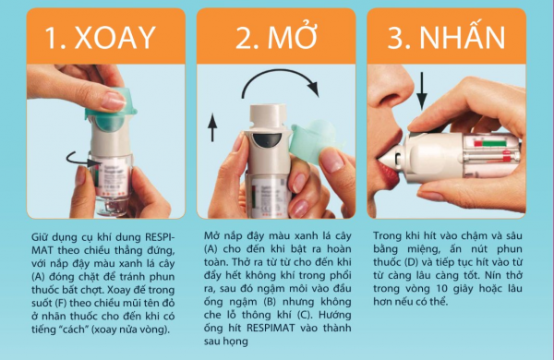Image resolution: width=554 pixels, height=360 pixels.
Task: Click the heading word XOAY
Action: click(x=115, y=38)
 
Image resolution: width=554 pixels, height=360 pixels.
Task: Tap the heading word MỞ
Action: click(x=292, y=36)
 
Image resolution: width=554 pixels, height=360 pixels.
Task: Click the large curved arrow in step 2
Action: click(x=279, y=72)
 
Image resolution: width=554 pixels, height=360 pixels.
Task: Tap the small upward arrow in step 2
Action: click(x=212, y=127)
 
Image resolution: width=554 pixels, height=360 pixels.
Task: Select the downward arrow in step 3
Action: click(x=422, y=90)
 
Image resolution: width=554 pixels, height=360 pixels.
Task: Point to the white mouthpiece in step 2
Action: click(x=268, y=116)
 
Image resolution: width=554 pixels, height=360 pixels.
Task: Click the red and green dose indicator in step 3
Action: click(x=490, y=144)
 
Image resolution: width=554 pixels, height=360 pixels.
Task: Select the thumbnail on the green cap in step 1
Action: click(x=114, y=101)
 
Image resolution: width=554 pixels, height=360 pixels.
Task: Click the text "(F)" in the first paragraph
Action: click(x=60, y=303)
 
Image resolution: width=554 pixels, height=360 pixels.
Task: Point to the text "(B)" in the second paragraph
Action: click(x=270, y=302)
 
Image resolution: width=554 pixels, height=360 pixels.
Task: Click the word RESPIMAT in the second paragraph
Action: click(x=271, y=328)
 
